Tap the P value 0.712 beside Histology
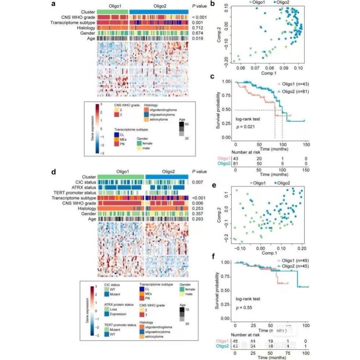pyautogui.click(x=199, y=28)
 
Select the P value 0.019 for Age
pyautogui.click(x=199, y=38)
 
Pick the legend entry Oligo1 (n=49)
pyautogui.click(x=290, y=261)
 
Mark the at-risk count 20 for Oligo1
pyautogui.click(x=259, y=158)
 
